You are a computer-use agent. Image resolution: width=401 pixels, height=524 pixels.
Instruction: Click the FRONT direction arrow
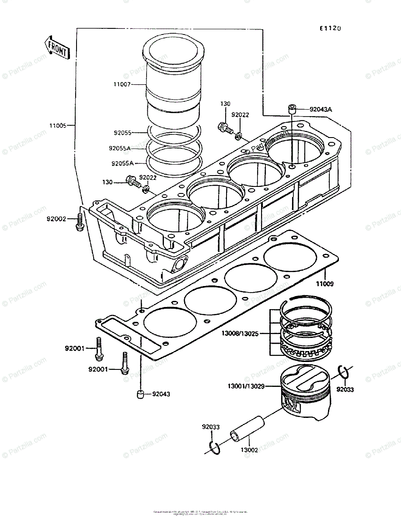coord(57,48)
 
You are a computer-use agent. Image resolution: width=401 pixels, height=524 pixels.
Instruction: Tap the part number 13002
coord(249,450)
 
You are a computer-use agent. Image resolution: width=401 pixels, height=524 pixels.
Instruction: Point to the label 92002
coord(56,218)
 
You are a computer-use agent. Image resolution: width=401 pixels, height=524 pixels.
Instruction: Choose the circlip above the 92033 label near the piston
coord(344,372)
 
